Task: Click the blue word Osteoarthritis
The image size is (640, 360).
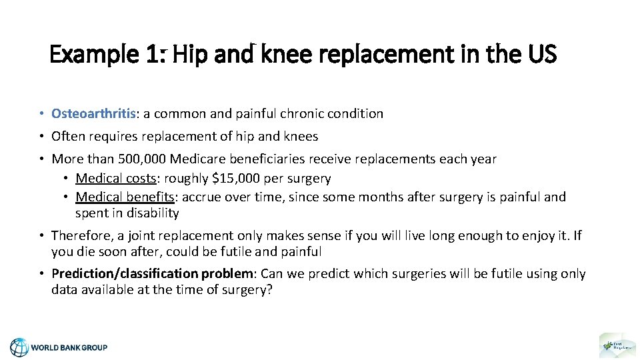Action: pos(93,114)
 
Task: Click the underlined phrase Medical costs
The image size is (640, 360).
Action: pos(108,179)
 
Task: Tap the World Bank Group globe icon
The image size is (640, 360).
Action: pos(19,347)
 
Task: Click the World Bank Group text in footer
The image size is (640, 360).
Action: pos(69,347)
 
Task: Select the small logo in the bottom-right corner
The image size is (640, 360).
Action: pos(613,345)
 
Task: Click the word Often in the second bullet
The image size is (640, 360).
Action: pos(67,137)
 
